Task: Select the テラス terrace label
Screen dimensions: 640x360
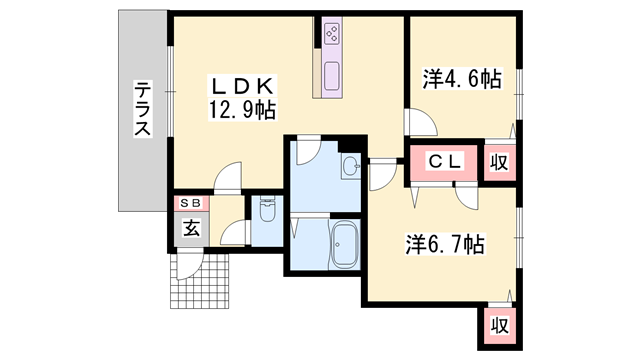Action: pos(143,110)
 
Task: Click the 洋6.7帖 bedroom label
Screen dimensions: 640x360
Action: pos(445,243)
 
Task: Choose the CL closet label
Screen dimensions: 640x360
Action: pos(445,161)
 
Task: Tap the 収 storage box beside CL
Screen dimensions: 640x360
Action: pos(498,163)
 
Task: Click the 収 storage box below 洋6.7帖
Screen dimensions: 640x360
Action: pos(497,324)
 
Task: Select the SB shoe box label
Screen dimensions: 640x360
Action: pos(190,202)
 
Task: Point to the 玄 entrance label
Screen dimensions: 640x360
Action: pos(190,228)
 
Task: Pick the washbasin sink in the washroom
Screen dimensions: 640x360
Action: pos(351,166)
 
